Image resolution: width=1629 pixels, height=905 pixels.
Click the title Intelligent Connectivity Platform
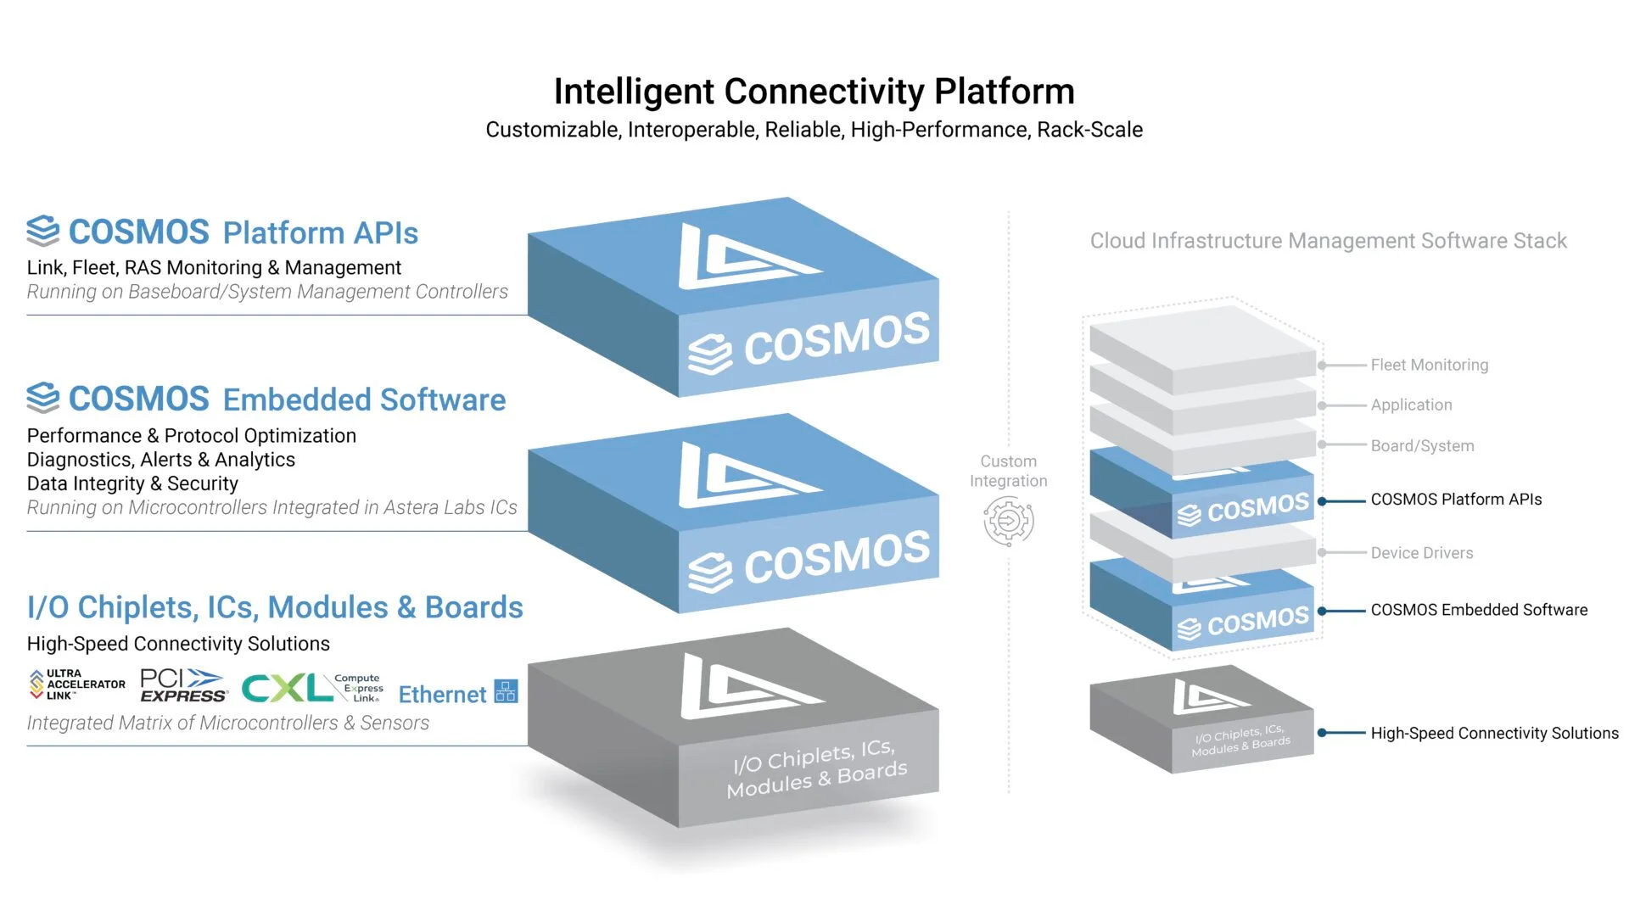(x=814, y=92)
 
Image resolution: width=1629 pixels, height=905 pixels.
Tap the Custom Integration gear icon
(x=1009, y=521)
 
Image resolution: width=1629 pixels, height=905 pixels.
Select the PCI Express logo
(x=183, y=685)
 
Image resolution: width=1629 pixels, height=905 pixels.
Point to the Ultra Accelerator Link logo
(x=77, y=684)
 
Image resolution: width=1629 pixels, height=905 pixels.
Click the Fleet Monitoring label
(x=1429, y=365)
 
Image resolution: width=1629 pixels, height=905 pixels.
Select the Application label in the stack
(x=1411, y=405)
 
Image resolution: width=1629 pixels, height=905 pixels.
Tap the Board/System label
(x=1422, y=446)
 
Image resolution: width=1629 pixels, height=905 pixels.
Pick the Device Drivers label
(x=1421, y=553)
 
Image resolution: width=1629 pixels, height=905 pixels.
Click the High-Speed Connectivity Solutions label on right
(x=1494, y=733)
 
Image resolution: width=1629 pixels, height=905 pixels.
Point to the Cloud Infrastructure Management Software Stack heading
(x=1328, y=241)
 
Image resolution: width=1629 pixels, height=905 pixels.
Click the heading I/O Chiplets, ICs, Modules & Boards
(x=275, y=607)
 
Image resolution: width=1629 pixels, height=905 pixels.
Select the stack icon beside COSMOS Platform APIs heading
(x=43, y=231)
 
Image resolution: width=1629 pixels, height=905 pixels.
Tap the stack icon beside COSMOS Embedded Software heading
(x=43, y=397)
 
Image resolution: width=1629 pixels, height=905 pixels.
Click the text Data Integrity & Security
(x=132, y=483)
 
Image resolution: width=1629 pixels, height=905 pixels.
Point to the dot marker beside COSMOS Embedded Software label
(x=1322, y=611)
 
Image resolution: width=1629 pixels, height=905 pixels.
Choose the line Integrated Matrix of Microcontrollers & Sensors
(x=227, y=723)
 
